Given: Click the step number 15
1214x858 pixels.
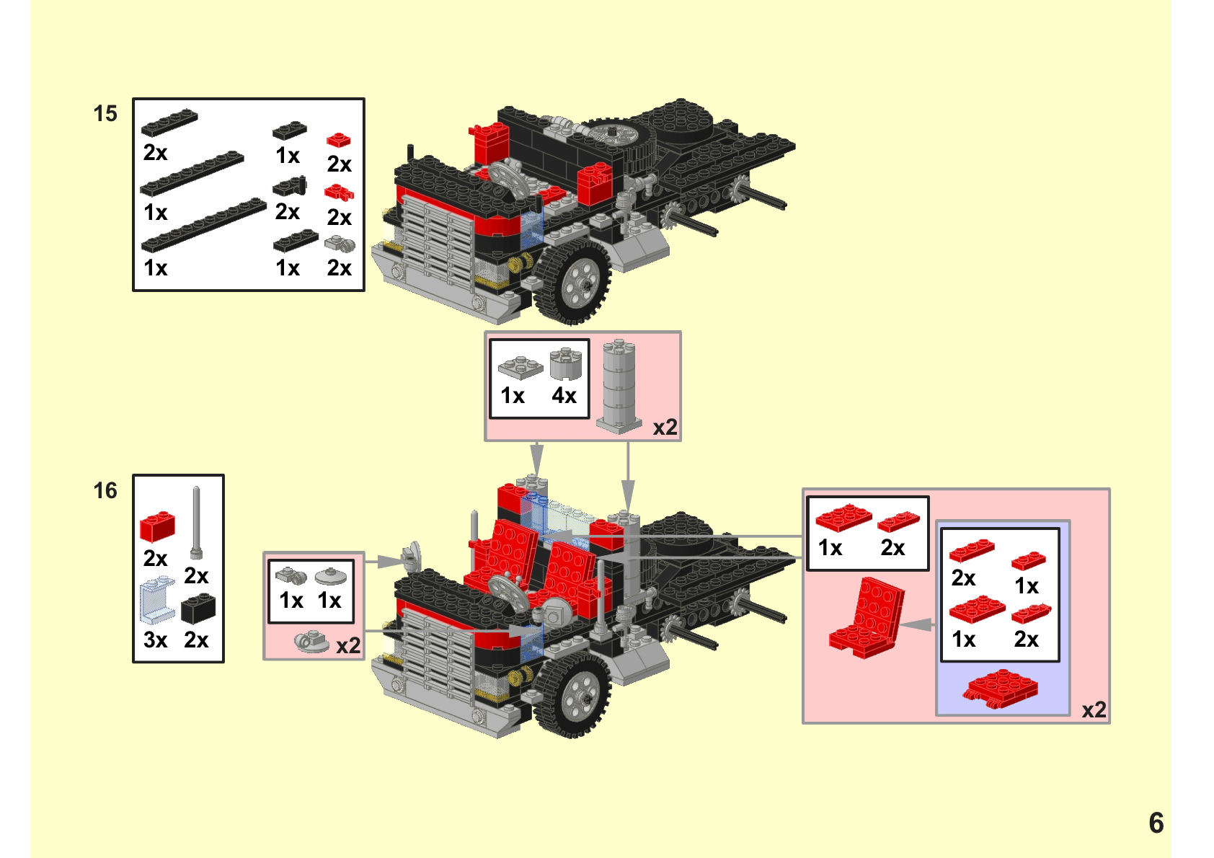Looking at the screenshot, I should click(105, 114).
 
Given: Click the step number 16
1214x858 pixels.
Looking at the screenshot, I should click(105, 491).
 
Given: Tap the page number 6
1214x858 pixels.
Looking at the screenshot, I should click(1156, 823).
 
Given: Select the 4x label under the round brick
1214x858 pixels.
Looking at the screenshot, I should click(564, 396).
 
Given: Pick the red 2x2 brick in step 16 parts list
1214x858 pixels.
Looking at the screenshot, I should click(157, 527).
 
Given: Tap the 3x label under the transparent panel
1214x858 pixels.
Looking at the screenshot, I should click(156, 640).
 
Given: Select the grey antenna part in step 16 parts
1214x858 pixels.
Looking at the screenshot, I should click(196, 523).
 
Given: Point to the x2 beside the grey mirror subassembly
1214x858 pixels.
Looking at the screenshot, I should click(348, 645).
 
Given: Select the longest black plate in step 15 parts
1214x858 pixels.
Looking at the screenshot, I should click(205, 224).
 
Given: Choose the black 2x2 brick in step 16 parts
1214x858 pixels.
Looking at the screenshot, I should click(198, 609).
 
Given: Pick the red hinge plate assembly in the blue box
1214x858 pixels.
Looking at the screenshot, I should click(1000, 689).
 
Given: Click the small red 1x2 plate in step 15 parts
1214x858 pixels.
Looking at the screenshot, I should click(338, 140).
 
